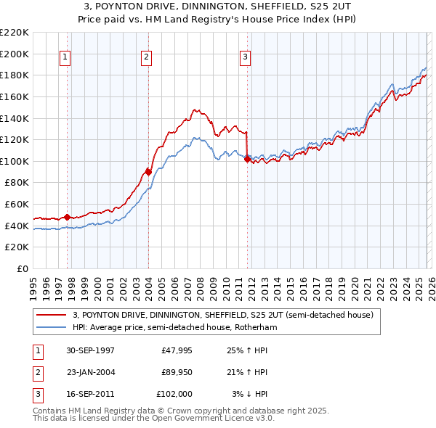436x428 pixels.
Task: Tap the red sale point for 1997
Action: point(68,217)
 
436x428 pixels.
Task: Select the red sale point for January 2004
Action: point(148,172)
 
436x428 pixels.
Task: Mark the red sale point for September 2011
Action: point(247,159)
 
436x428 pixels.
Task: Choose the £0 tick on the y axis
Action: point(22,268)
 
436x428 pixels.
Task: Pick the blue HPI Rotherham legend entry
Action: point(174,327)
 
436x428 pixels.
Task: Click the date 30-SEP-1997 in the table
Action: point(90,350)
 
